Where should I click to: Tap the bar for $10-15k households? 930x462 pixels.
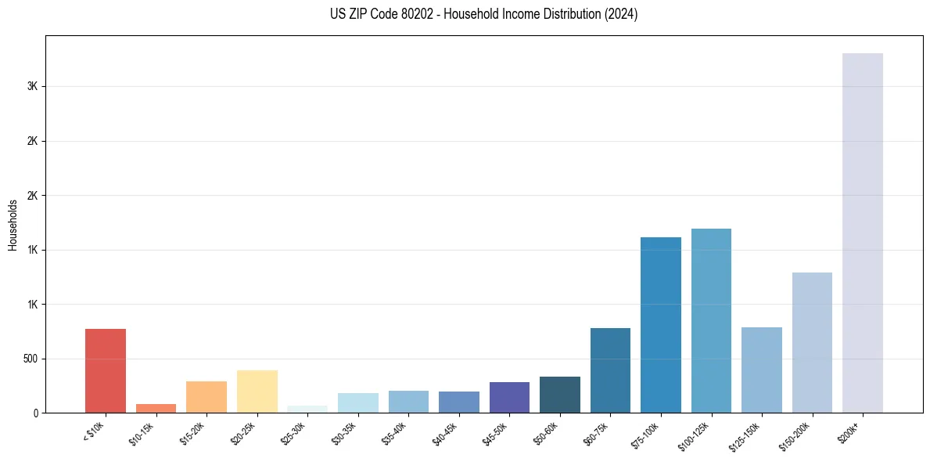pyautogui.click(x=156, y=408)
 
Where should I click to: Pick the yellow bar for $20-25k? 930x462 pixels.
pyautogui.click(x=257, y=391)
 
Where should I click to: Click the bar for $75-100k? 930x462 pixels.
pyautogui.click(x=660, y=324)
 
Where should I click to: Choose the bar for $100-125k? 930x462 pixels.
pyautogui.click(x=711, y=320)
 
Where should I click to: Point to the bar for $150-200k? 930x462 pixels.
pyautogui.click(x=812, y=342)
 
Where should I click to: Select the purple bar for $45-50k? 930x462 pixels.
pyautogui.click(x=509, y=397)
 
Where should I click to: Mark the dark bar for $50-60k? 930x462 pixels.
pyautogui.click(x=559, y=394)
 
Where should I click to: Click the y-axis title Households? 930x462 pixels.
pyautogui.click(x=13, y=225)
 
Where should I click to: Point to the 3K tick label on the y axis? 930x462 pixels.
pyautogui.click(x=32, y=86)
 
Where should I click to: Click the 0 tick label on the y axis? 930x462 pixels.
pyautogui.click(x=36, y=413)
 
